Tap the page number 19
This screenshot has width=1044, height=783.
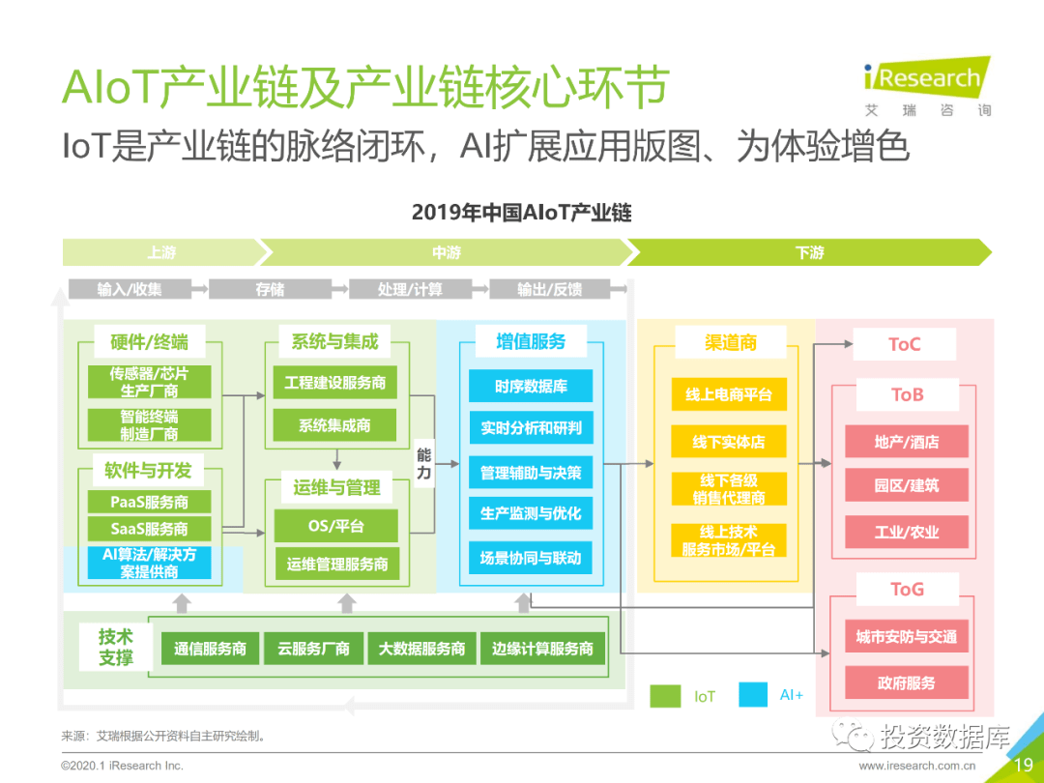(x=1023, y=765)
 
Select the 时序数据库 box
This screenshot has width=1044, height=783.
(x=531, y=387)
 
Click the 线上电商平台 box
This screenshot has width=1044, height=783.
(x=729, y=394)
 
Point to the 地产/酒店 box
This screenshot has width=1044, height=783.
(x=906, y=442)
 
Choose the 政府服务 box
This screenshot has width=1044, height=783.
(x=906, y=682)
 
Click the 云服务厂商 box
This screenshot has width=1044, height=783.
(x=313, y=649)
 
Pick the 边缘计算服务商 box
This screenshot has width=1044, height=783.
(x=542, y=649)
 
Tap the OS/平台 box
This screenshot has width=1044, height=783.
(x=336, y=526)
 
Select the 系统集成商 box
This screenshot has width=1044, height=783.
(x=334, y=424)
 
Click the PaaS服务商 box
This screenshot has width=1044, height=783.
(x=149, y=503)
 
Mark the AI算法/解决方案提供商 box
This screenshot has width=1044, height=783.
(x=149, y=563)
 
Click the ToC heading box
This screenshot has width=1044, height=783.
(x=904, y=344)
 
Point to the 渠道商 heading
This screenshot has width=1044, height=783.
(x=730, y=342)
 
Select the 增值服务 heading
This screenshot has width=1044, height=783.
(x=531, y=341)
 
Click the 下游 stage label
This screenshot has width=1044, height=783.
(x=809, y=252)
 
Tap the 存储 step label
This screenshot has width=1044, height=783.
(x=270, y=289)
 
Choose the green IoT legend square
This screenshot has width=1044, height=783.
(x=665, y=695)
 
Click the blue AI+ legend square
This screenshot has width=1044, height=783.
(x=753, y=695)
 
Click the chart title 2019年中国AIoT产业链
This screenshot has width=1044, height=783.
(x=521, y=212)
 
